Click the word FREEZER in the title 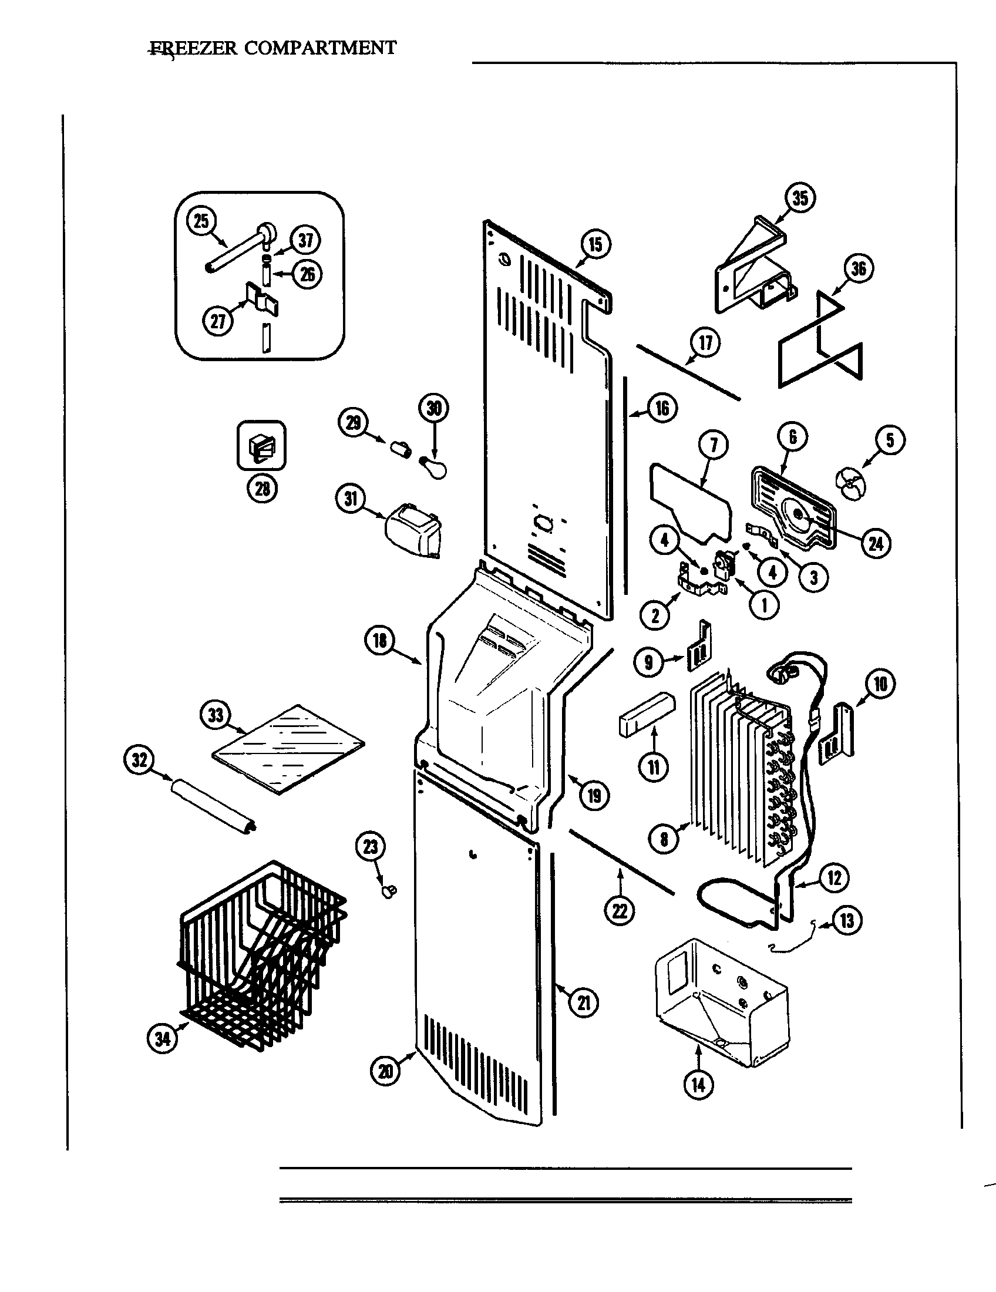(x=193, y=48)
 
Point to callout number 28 (x=262, y=488)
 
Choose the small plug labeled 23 (x=390, y=891)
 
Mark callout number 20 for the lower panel (x=385, y=1071)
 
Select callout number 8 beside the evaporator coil (x=664, y=839)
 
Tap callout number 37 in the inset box (x=305, y=240)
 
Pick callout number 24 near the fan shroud (x=876, y=543)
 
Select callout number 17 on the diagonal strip (x=706, y=342)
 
